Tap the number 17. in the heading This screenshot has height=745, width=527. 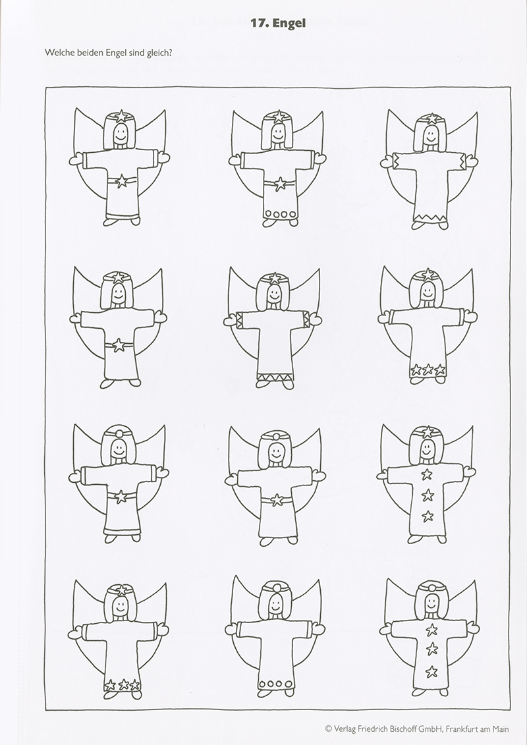(x=260, y=23)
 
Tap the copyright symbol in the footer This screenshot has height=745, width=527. (x=328, y=729)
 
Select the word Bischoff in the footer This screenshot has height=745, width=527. (x=401, y=729)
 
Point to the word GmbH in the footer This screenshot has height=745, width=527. (x=431, y=729)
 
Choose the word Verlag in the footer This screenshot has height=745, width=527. (x=345, y=729)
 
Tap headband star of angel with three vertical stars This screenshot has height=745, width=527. (x=428, y=432)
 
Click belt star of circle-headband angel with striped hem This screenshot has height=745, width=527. (x=121, y=497)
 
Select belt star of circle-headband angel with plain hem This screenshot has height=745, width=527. (x=277, y=500)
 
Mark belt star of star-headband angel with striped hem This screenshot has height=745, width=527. (x=122, y=180)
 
